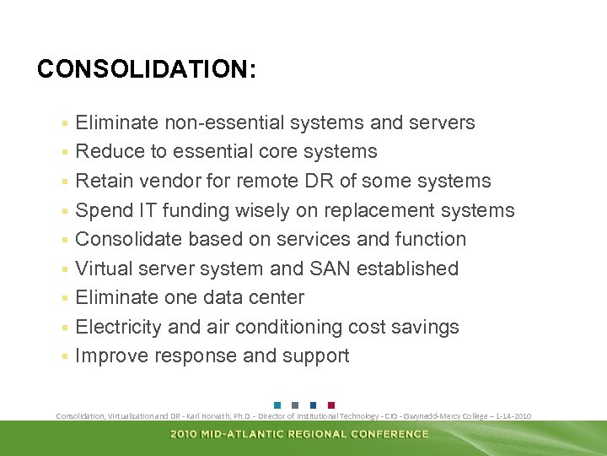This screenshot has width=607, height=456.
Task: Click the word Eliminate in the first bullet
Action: (116, 123)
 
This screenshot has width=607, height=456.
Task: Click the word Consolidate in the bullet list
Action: (128, 240)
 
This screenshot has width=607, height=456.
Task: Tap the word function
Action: (429, 240)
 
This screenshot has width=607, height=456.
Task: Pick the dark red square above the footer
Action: (330, 404)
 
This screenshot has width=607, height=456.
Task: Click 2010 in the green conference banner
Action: (185, 434)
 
